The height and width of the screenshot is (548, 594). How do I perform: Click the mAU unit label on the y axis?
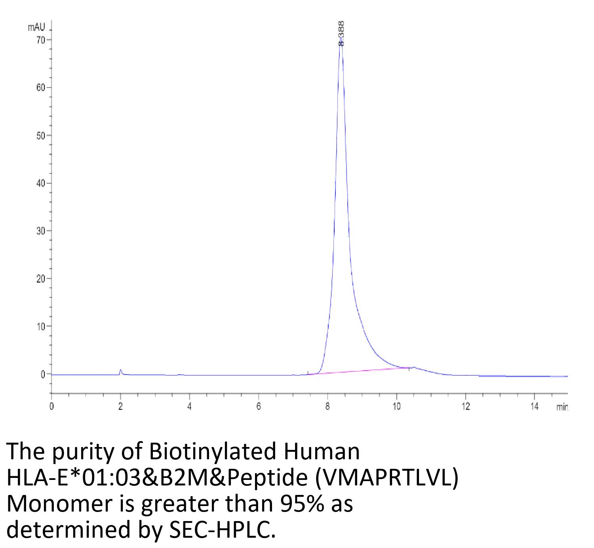click(x=36, y=27)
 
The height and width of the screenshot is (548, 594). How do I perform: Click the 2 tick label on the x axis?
click(x=120, y=407)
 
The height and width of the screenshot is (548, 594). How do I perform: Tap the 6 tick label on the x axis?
click(x=259, y=407)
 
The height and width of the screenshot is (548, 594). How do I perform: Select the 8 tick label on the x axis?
click(x=327, y=407)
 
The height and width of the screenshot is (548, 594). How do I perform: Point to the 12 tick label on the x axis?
click(x=465, y=407)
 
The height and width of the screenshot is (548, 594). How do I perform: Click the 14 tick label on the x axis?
click(x=534, y=407)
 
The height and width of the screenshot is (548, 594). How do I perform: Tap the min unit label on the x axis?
click(x=562, y=407)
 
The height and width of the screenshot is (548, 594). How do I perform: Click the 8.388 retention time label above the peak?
click(x=341, y=34)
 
